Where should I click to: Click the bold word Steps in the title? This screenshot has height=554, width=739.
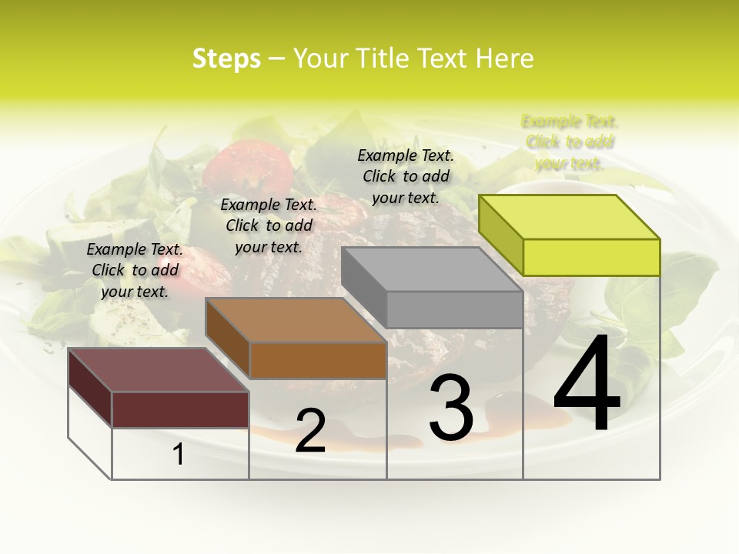point(226,58)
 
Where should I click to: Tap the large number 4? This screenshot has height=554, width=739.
point(587,385)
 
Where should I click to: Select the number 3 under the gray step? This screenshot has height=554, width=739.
point(451,409)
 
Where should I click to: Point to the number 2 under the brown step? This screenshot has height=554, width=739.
point(310,431)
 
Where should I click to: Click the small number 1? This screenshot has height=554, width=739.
point(179,455)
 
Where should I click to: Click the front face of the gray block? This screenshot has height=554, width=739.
point(454,310)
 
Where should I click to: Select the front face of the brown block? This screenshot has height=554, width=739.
point(318,360)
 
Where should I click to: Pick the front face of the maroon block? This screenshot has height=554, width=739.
point(180,409)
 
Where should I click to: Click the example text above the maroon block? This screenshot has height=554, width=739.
point(135,270)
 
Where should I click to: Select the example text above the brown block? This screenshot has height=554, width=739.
point(269,225)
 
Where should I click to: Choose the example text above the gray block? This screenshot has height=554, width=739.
point(406,176)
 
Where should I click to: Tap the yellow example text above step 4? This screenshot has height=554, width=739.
point(570,142)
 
